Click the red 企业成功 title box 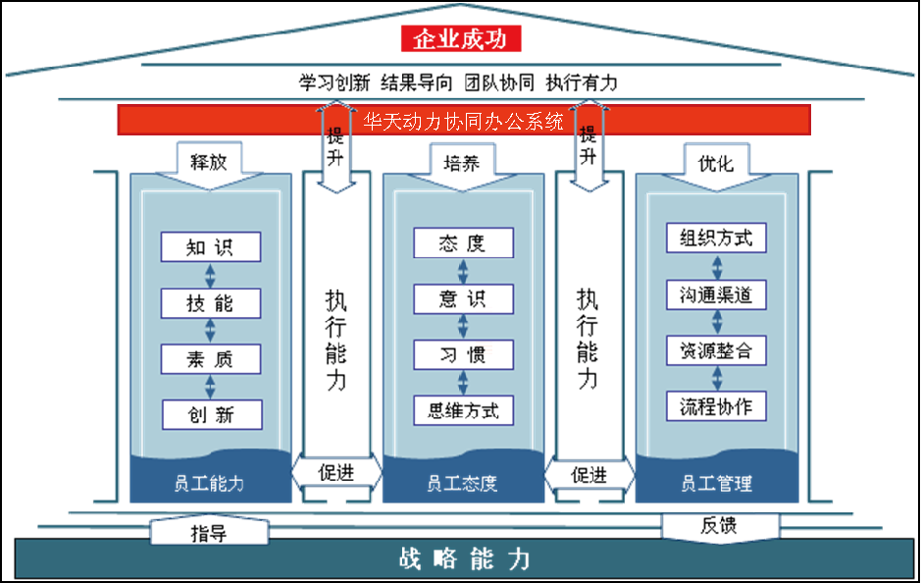(x=460, y=39)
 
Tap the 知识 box (x=211, y=246)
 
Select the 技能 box (x=211, y=302)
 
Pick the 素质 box (x=211, y=358)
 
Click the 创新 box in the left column (x=211, y=414)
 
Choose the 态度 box (x=463, y=242)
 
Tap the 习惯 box (x=463, y=354)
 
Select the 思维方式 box (x=463, y=410)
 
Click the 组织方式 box (x=716, y=238)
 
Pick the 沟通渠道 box (x=716, y=293)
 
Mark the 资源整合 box (x=716, y=349)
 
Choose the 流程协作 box (x=716, y=405)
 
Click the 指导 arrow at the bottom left (x=209, y=533)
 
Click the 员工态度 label (x=462, y=483)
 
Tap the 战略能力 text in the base (x=465, y=559)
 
